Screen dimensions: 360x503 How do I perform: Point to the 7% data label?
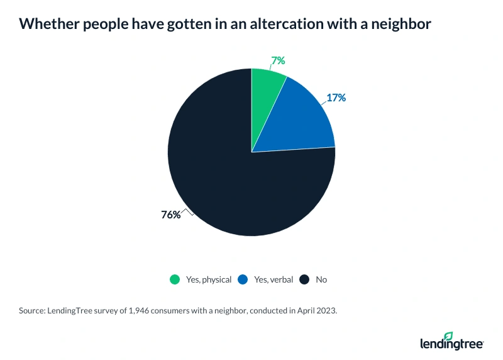point(278,61)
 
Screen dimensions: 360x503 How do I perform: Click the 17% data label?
point(336,98)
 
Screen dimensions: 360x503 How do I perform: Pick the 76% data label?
point(171,215)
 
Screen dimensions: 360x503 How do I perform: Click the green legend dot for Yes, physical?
point(175,279)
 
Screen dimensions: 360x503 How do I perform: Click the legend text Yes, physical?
point(208,279)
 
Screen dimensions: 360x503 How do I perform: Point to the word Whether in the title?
point(44,25)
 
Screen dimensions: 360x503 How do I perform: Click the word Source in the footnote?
point(32,311)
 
